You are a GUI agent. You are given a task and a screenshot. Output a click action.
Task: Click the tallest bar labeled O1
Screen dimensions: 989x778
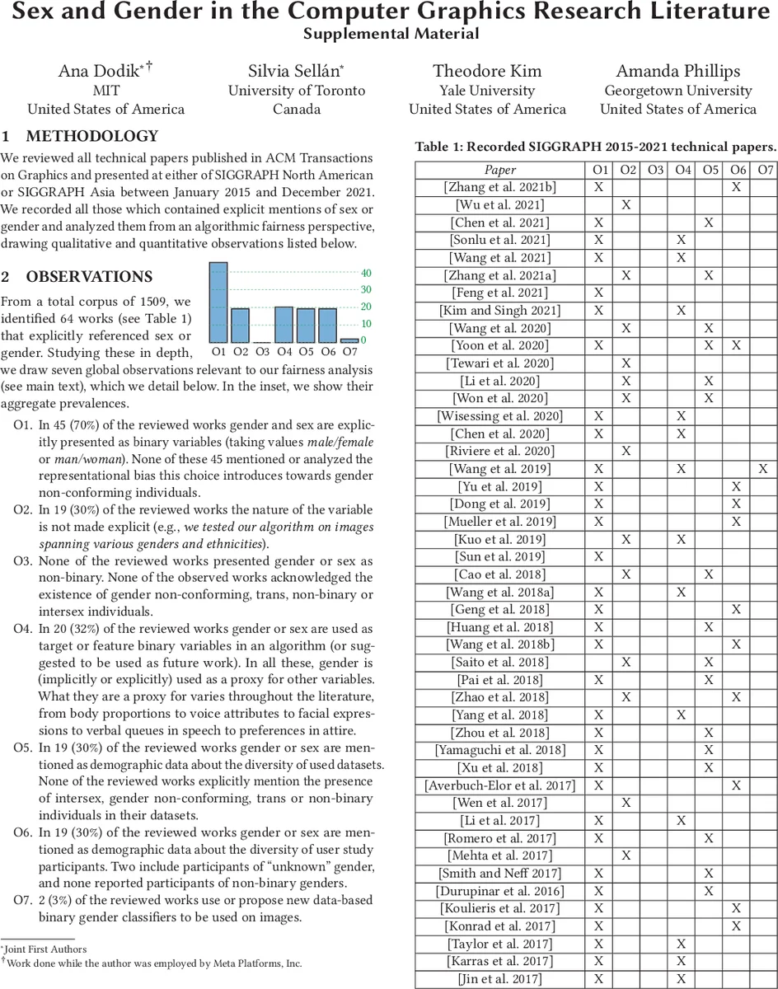(x=218, y=302)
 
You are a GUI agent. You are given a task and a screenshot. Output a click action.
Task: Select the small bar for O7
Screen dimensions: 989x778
(x=349, y=340)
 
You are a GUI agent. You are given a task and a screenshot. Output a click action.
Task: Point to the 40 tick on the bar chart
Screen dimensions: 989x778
(x=366, y=274)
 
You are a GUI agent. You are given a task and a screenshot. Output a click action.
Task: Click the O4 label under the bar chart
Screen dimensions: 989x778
(x=284, y=352)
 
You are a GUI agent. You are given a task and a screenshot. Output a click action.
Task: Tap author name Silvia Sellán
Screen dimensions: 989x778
(x=297, y=71)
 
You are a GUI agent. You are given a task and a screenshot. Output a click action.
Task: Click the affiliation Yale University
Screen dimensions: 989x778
(x=487, y=91)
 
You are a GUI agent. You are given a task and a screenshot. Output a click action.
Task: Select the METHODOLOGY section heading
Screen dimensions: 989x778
(x=91, y=137)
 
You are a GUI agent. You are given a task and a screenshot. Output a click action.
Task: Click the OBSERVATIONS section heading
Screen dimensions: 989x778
(x=89, y=277)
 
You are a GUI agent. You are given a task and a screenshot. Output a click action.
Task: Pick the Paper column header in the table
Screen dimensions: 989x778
(x=499, y=170)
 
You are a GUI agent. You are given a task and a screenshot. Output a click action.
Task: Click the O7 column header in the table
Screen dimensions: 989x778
(x=765, y=170)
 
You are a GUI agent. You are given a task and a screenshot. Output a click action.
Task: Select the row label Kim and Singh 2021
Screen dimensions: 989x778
(x=500, y=311)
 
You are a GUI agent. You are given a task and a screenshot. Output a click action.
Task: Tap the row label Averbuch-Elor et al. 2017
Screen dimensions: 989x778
(x=500, y=785)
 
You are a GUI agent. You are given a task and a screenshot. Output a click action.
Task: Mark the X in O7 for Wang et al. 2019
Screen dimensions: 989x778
(x=764, y=469)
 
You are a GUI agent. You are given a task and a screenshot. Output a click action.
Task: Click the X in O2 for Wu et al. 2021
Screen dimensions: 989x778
(x=626, y=204)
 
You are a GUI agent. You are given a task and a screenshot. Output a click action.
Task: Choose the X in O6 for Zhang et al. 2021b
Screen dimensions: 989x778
(x=736, y=187)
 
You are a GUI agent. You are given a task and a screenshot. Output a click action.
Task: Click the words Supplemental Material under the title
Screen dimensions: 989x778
(x=390, y=34)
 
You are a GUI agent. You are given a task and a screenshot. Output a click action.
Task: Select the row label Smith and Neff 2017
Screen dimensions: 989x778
(x=500, y=873)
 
